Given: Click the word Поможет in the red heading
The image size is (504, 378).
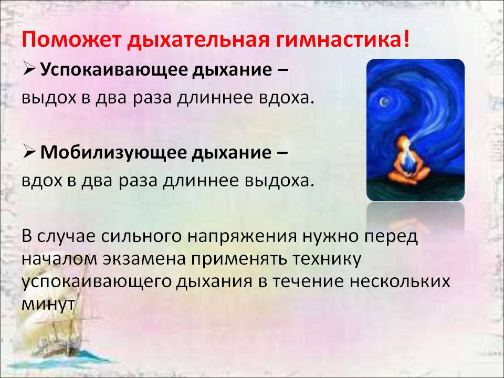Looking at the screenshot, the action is click(x=71, y=39).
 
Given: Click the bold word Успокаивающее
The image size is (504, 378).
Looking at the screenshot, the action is click(x=114, y=70).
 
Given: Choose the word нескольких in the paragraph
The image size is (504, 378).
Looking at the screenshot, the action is click(x=400, y=281).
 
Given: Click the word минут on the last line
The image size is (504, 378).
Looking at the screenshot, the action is click(x=48, y=304).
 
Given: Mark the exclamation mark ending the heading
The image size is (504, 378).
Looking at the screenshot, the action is click(x=406, y=39).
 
